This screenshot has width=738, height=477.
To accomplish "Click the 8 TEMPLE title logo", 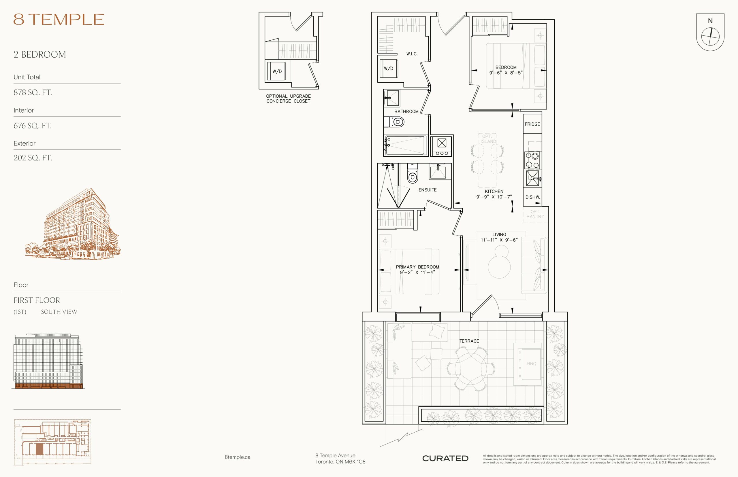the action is [x=59, y=19].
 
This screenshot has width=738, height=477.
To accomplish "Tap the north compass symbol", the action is [x=710, y=32].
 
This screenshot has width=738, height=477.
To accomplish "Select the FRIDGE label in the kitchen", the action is [x=532, y=124].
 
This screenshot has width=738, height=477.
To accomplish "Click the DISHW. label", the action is [x=532, y=197].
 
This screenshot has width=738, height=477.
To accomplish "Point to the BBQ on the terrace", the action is [x=531, y=364].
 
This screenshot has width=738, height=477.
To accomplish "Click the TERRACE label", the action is [x=469, y=341].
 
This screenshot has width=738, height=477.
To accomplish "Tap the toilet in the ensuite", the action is [x=412, y=175].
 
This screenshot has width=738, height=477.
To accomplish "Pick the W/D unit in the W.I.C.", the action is [x=388, y=69].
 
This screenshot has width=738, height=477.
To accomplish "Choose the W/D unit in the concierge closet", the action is [x=277, y=71].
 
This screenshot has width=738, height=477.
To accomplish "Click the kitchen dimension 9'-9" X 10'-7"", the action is [x=494, y=197].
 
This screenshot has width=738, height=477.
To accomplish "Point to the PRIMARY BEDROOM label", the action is [x=417, y=267].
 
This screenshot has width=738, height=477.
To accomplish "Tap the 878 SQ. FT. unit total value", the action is [x=33, y=92].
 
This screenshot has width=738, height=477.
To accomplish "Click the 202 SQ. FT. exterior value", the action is [x=33, y=158].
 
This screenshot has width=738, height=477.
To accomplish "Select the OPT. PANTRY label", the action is [x=535, y=214].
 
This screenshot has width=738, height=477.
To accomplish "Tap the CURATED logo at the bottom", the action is [x=445, y=458].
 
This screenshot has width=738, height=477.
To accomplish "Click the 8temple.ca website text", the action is [x=238, y=457].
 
